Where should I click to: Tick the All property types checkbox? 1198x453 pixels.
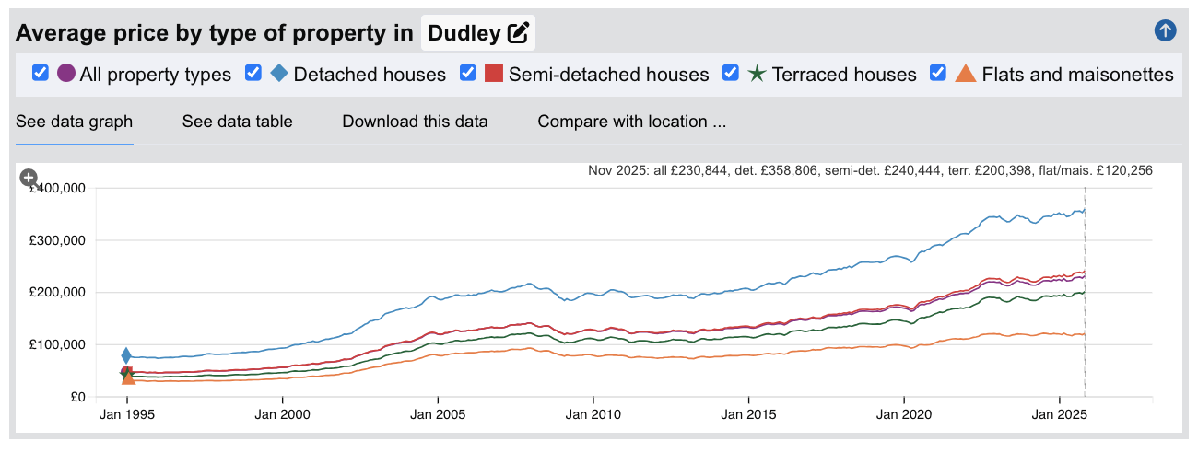click(41, 74)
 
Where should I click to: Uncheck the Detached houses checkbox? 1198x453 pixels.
click(253, 74)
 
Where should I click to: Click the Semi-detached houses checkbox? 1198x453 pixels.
click(468, 74)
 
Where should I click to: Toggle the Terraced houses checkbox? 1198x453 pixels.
click(731, 74)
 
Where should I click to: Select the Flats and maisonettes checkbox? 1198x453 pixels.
click(938, 74)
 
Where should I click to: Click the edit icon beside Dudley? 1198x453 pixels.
click(519, 33)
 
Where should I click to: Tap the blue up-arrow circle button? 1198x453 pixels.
click(1165, 31)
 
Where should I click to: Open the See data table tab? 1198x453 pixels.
click(237, 122)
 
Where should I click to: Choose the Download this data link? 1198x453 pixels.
click(415, 122)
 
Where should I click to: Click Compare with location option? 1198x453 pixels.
click(632, 122)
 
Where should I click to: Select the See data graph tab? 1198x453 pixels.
click(75, 122)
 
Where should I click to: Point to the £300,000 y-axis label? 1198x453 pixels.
click(59, 240)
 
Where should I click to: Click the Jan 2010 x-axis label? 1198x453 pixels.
click(593, 415)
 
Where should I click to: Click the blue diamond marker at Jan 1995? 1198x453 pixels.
click(126, 355)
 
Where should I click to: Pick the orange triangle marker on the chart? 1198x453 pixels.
click(128, 377)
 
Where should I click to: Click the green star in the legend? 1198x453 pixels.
click(757, 74)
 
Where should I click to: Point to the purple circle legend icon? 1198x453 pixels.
click(66, 74)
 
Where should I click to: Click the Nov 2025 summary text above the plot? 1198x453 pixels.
click(870, 171)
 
